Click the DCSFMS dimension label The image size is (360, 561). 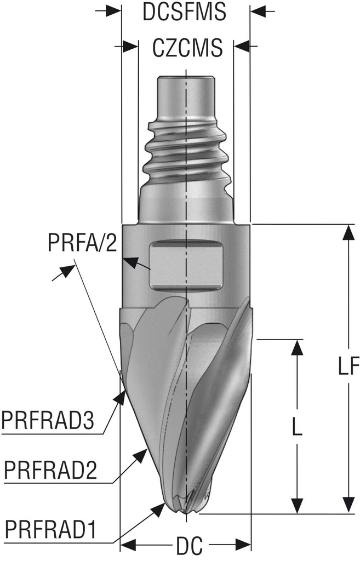pyautogui.click(x=184, y=12)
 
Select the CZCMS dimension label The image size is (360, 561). pyautogui.click(x=187, y=48)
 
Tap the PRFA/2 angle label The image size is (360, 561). pyautogui.click(x=83, y=242)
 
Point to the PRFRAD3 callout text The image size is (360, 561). pyautogui.click(x=49, y=421)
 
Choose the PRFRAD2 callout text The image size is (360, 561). pyautogui.click(x=50, y=470)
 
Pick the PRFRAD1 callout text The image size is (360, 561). pyautogui.click(x=50, y=530)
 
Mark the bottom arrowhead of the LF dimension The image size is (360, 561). pyautogui.click(x=346, y=506)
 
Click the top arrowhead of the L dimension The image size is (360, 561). pyautogui.click(x=296, y=347)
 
